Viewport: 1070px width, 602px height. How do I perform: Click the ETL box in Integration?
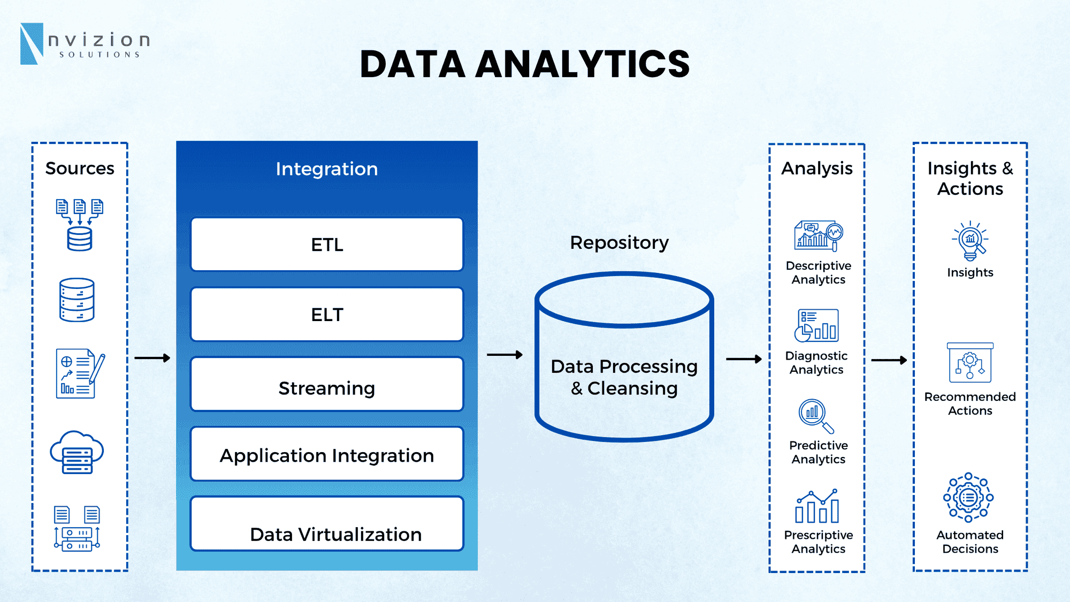(327, 245)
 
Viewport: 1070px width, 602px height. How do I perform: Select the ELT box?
(327, 315)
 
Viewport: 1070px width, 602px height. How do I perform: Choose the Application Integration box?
(327, 454)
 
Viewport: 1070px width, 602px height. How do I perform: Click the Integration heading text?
(327, 169)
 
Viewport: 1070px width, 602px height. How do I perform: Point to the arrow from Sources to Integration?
(152, 357)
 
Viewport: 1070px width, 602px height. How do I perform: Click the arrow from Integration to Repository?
(504, 355)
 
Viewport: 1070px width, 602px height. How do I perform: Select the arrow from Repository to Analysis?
(743, 359)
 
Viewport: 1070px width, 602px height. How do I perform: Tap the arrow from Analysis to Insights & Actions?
(889, 360)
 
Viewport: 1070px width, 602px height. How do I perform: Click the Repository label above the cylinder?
(619, 243)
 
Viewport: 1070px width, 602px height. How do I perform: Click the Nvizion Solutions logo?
(85, 44)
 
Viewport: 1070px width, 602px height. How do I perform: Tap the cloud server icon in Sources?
(77, 453)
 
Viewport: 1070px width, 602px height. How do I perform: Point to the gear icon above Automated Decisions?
(968, 497)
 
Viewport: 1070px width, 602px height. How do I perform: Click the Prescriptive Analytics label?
(818, 542)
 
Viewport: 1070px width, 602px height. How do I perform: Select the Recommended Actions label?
(969, 403)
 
